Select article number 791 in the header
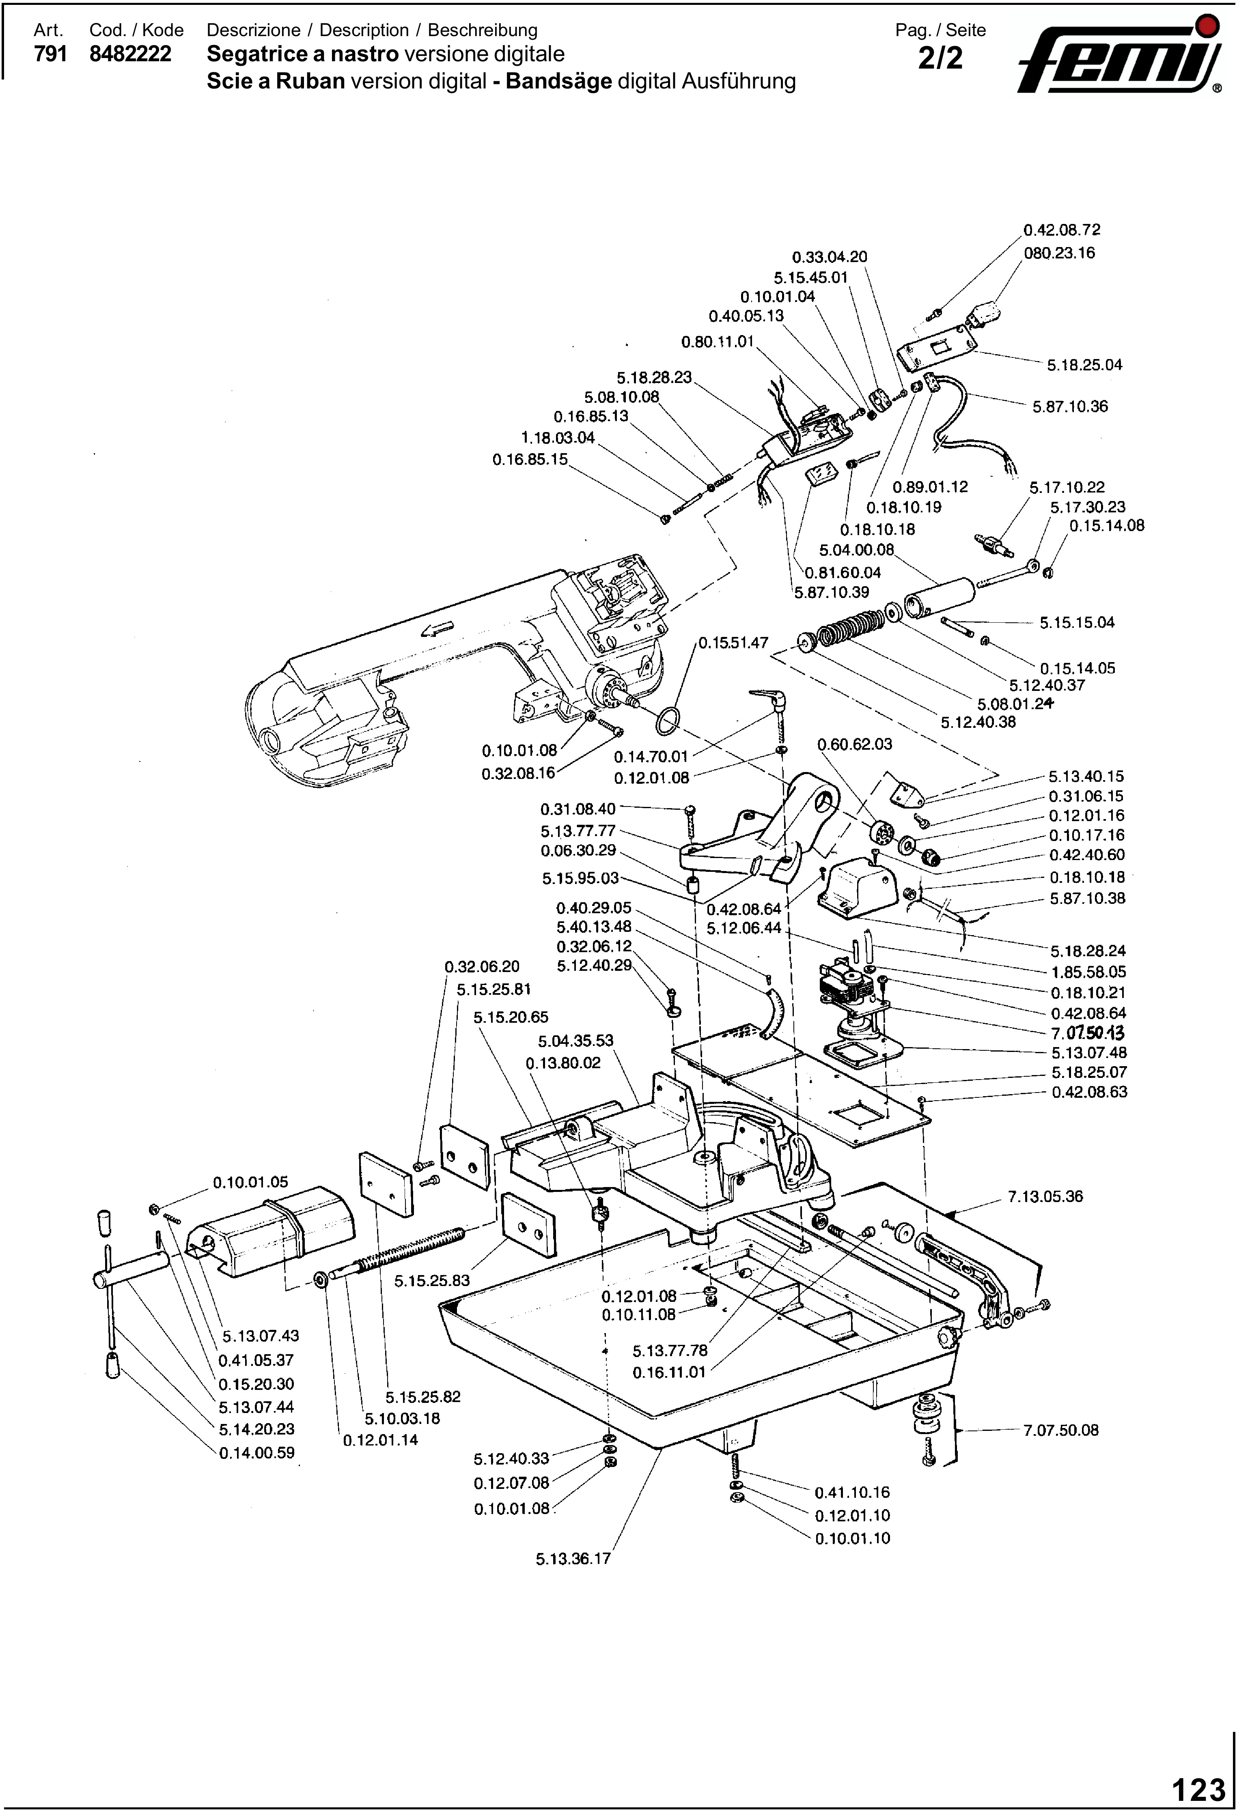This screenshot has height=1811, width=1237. (50, 54)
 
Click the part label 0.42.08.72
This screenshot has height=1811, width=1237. (1062, 230)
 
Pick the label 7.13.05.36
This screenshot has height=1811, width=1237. (1045, 1196)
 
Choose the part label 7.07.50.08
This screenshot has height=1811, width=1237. (1061, 1430)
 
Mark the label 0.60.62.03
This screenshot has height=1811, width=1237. (854, 744)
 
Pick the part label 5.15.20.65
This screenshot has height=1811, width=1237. (511, 1017)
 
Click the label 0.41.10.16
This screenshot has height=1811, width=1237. (852, 1492)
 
